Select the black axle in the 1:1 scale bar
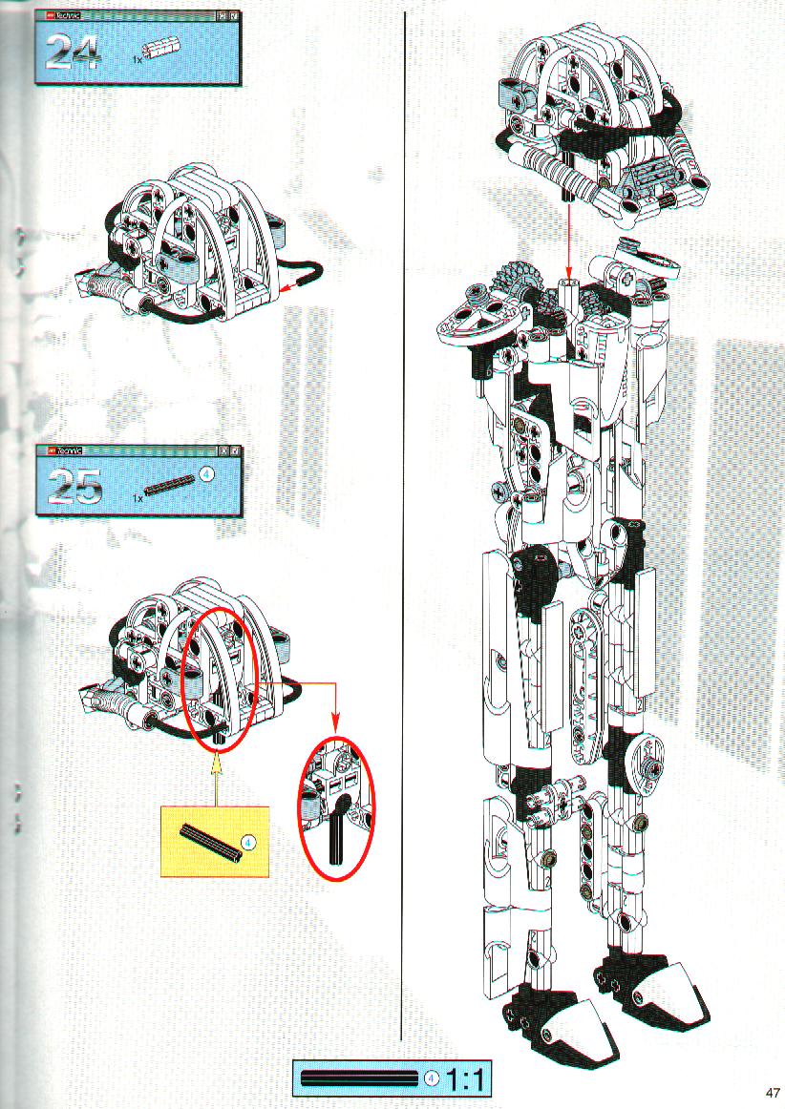360,1078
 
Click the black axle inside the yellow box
211,843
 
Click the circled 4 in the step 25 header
206,474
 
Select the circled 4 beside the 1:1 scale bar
431,1078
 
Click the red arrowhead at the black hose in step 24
286,286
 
